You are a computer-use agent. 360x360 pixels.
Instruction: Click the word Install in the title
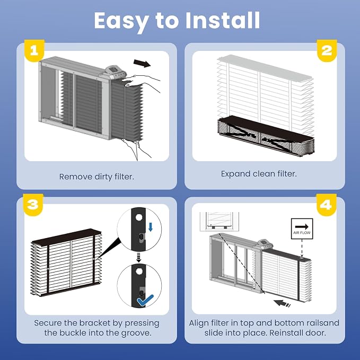223,20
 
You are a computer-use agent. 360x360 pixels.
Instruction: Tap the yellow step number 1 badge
34,50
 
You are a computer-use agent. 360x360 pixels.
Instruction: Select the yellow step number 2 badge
327,50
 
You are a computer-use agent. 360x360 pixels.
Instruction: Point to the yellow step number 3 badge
33,205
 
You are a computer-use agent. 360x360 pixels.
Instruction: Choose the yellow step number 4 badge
326,205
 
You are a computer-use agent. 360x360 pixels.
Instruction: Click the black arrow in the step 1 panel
142,64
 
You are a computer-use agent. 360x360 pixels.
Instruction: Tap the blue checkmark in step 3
145,300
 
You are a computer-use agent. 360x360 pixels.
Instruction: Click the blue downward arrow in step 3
151,227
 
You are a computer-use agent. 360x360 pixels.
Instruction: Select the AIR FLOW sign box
302,229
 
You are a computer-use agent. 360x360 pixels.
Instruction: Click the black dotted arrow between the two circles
139,257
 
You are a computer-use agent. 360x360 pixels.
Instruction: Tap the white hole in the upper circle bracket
139,217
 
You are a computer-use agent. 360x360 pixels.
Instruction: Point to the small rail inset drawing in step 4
219,222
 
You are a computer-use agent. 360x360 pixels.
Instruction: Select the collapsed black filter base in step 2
266,136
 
